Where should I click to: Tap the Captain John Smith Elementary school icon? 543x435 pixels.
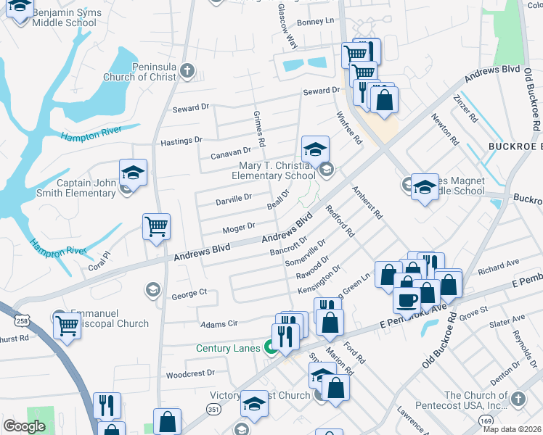133,173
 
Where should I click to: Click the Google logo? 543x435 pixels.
24,426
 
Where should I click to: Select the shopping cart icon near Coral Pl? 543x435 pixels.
157,227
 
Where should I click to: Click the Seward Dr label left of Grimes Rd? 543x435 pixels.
190,108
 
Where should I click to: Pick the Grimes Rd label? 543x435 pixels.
258,126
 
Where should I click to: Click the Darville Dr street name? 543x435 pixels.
234,197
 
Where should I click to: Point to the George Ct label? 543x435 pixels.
189,294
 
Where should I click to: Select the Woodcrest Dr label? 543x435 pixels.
190,374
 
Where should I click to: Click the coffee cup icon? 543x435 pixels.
407,299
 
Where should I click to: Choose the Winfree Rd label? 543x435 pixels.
348,128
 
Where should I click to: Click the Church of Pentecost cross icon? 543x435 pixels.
518,399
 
